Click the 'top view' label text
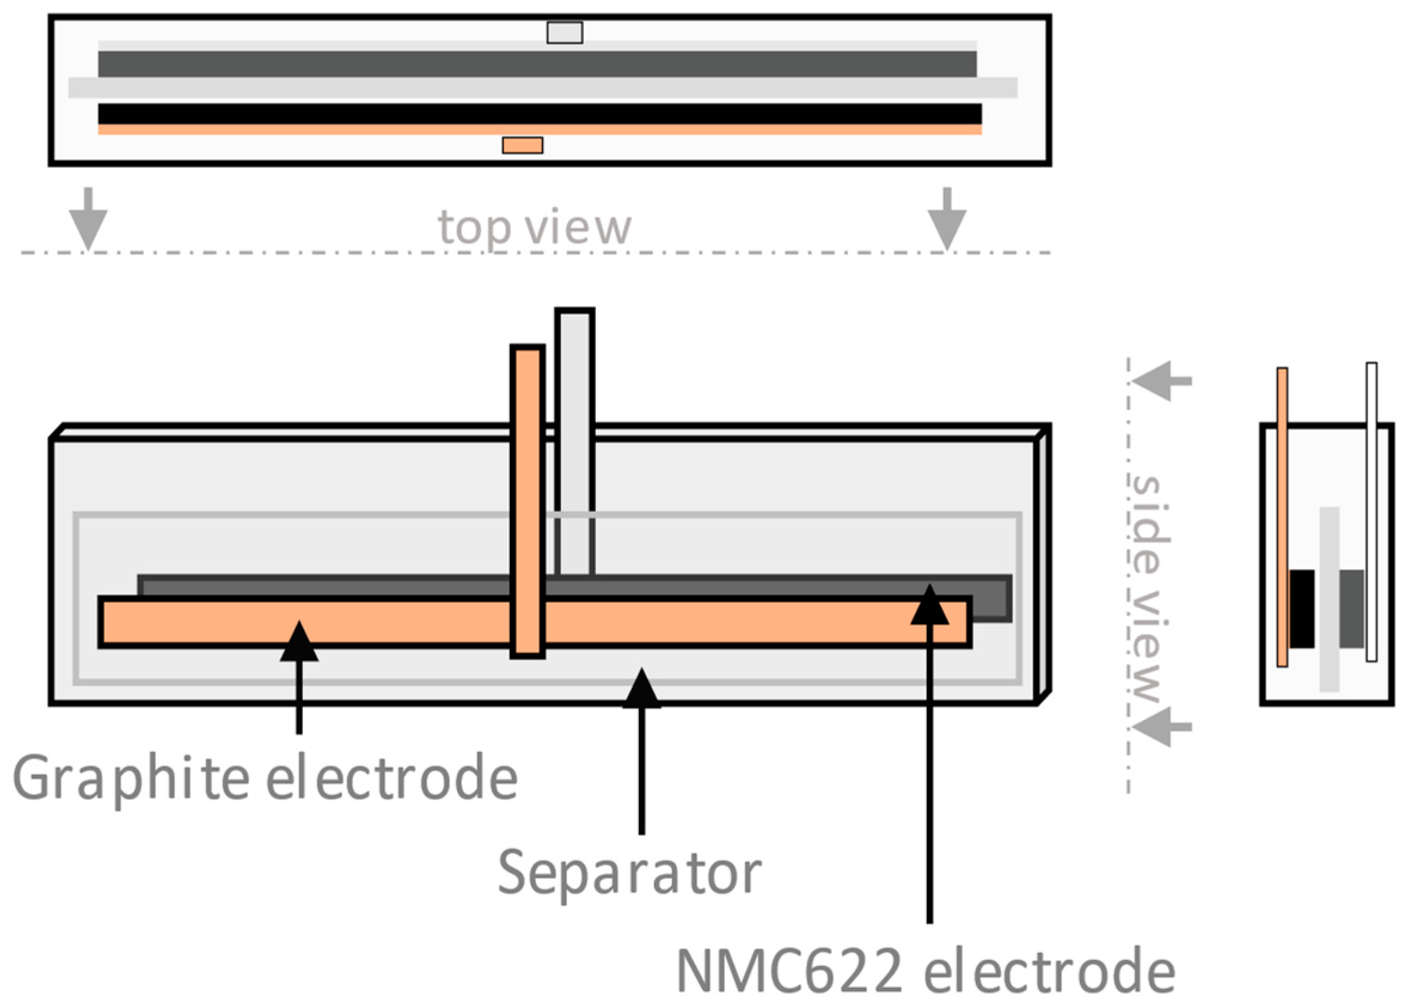pyautogui.click(x=534, y=227)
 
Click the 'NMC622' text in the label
pyautogui.click(x=788, y=971)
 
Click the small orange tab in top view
pyautogui.click(x=522, y=145)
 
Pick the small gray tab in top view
pyautogui.click(x=564, y=33)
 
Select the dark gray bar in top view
pyautogui.click(x=537, y=65)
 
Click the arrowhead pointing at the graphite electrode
pyautogui.click(x=299, y=644)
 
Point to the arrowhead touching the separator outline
pyautogui.click(x=642, y=690)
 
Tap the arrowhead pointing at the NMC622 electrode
pyautogui.click(x=929, y=606)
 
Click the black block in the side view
pyautogui.click(x=1302, y=609)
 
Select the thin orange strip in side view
pyautogui.click(x=1282, y=517)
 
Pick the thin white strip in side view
pyautogui.click(x=1371, y=513)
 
